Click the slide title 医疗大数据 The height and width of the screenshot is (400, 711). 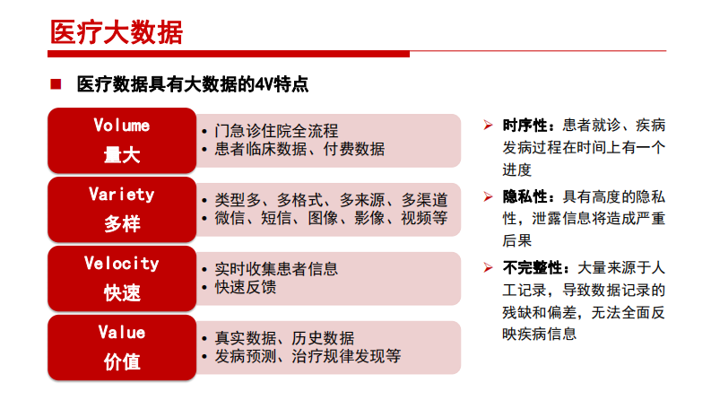[x=116, y=33]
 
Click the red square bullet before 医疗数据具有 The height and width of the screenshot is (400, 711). [x=56, y=85]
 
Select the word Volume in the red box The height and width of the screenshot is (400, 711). [x=122, y=126]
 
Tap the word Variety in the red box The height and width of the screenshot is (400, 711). [x=122, y=194]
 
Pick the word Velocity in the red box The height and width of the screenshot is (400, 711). [x=122, y=263]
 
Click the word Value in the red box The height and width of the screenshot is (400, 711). [x=122, y=332]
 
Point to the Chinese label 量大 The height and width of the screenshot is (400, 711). [x=122, y=154]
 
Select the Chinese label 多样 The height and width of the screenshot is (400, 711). [x=122, y=223]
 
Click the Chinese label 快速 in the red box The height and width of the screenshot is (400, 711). [x=122, y=292]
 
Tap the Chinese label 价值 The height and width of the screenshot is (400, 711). [x=122, y=361]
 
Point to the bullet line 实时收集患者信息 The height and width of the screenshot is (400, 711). [x=277, y=269]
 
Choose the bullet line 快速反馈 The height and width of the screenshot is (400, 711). [x=247, y=287]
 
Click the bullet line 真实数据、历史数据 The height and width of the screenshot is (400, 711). [x=285, y=338]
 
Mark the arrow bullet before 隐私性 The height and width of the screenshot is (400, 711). [x=488, y=196]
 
